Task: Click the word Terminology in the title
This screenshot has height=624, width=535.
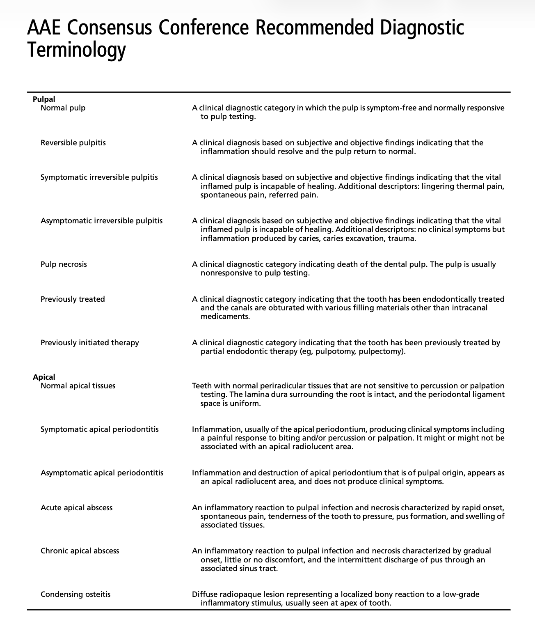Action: (76, 50)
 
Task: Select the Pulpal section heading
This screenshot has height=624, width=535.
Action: (44, 99)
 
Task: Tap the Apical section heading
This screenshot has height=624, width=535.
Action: (44, 377)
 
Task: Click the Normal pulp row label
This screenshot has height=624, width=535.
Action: (63, 108)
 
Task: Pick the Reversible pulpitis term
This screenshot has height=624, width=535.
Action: (73, 143)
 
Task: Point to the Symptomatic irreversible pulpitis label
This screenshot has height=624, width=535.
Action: (99, 177)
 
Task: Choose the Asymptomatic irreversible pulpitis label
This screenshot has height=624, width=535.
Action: (101, 221)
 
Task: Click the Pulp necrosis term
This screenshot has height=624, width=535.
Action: (64, 264)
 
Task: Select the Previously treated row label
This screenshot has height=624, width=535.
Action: (73, 299)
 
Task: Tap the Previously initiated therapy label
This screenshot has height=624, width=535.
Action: (89, 343)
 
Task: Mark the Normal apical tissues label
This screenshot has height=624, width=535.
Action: (78, 386)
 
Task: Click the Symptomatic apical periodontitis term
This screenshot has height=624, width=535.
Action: (99, 429)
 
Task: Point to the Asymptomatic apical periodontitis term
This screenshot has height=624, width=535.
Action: (102, 473)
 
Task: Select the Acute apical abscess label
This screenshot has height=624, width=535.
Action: (76, 508)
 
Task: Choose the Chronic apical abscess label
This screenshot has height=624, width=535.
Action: (80, 551)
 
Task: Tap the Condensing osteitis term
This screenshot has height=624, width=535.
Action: (75, 594)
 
